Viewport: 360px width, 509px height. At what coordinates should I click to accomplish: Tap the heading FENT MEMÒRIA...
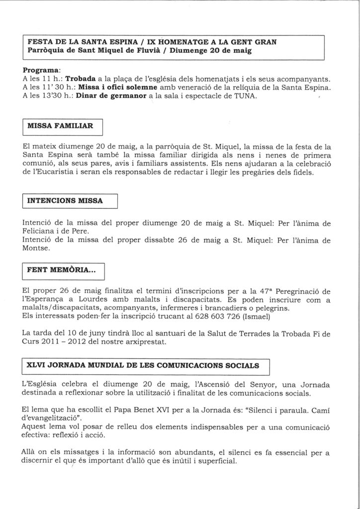coord(61,270)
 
